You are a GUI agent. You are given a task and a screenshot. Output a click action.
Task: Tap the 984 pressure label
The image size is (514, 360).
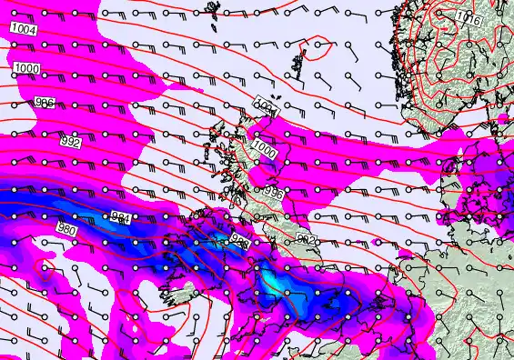pyautogui.click(x=120, y=216)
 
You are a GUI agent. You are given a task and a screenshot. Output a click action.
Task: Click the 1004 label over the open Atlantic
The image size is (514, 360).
pyautogui.click(x=25, y=30)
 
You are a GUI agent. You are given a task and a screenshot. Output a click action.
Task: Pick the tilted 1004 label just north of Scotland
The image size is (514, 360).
pyautogui.click(x=265, y=105)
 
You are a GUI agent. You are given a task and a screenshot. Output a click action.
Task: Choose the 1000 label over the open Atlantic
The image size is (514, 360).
pyautogui.click(x=26, y=69)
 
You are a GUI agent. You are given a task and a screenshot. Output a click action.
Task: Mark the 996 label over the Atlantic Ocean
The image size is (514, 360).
pyautogui.click(x=44, y=103)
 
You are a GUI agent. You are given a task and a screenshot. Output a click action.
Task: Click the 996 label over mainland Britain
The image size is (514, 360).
pyautogui.click(x=271, y=192)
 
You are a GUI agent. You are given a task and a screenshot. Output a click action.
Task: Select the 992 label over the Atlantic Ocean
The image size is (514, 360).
pyautogui.click(x=69, y=143)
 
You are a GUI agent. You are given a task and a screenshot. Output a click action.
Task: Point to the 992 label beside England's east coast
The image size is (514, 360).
pyautogui.click(x=307, y=239)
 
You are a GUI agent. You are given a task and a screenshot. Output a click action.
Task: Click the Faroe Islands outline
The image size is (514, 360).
pyautogui.click(x=216, y=11)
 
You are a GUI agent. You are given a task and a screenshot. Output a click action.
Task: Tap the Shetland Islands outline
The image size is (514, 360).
pyautogui.click(x=299, y=65)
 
